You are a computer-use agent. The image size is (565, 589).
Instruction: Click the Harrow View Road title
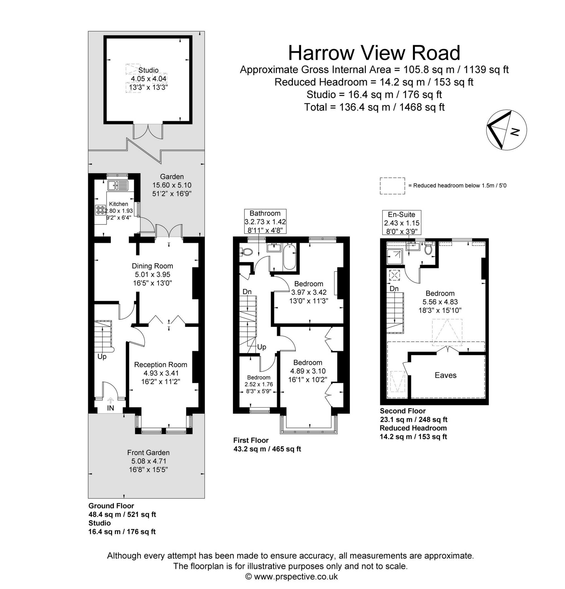coord(374,53)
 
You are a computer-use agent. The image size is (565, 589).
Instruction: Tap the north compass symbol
coord(506,130)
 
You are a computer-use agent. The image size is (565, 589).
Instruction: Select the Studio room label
coord(148,70)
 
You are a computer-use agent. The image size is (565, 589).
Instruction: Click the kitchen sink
coord(118,185)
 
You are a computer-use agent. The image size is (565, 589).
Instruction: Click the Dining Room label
coord(152,266)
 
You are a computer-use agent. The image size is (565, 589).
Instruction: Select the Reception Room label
coord(160,365)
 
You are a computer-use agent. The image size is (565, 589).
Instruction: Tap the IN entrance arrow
coord(110,400)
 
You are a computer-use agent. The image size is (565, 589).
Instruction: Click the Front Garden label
coord(148,452)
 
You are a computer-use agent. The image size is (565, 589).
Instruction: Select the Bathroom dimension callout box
coord(265,221)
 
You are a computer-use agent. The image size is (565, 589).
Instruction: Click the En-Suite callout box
coord(401,222)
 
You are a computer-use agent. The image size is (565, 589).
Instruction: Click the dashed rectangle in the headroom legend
coord(392,186)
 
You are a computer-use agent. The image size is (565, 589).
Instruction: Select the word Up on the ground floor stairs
coord(102,357)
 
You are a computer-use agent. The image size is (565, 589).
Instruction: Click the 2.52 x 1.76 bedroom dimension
coord(259,384)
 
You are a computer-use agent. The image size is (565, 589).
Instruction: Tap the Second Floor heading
coord(403,411)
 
